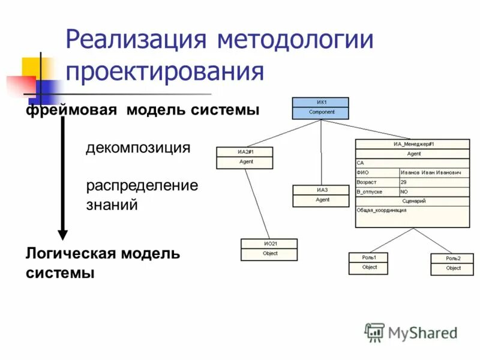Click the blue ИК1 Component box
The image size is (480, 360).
[321, 107]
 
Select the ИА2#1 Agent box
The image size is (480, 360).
[244, 157]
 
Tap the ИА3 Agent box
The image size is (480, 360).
[321, 196]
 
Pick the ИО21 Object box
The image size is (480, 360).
[269, 249]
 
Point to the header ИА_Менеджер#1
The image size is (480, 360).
[413, 144]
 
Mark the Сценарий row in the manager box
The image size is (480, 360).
[413, 201]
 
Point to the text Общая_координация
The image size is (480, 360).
[382, 211]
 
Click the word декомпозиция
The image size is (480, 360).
[138, 148]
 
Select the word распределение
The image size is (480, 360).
[142, 185]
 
